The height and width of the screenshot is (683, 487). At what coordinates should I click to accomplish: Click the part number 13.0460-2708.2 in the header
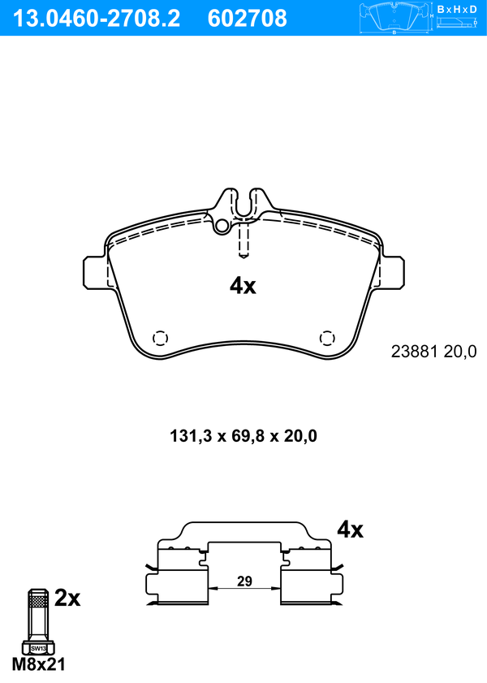pyautogui.click(x=97, y=19)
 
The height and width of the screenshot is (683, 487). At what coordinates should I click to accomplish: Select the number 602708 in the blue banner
pyautogui.click(x=248, y=19)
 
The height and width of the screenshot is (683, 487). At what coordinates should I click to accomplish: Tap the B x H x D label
pyautogui.click(x=457, y=9)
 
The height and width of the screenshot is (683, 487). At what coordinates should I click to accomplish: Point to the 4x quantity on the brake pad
pyautogui.click(x=243, y=286)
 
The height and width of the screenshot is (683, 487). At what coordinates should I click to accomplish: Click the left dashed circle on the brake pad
pyautogui.click(x=160, y=338)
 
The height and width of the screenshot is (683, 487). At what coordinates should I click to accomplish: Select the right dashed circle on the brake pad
pyautogui.click(x=327, y=338)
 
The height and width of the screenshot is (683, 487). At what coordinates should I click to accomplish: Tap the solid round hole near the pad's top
pyautogui.click(x=222, y=226)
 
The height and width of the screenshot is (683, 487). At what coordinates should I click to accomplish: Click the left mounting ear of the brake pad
pyautogui.click(x=95, y=272)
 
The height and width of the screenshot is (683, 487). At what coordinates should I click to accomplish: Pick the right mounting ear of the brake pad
pyautogui.click(x=392, y=272)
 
